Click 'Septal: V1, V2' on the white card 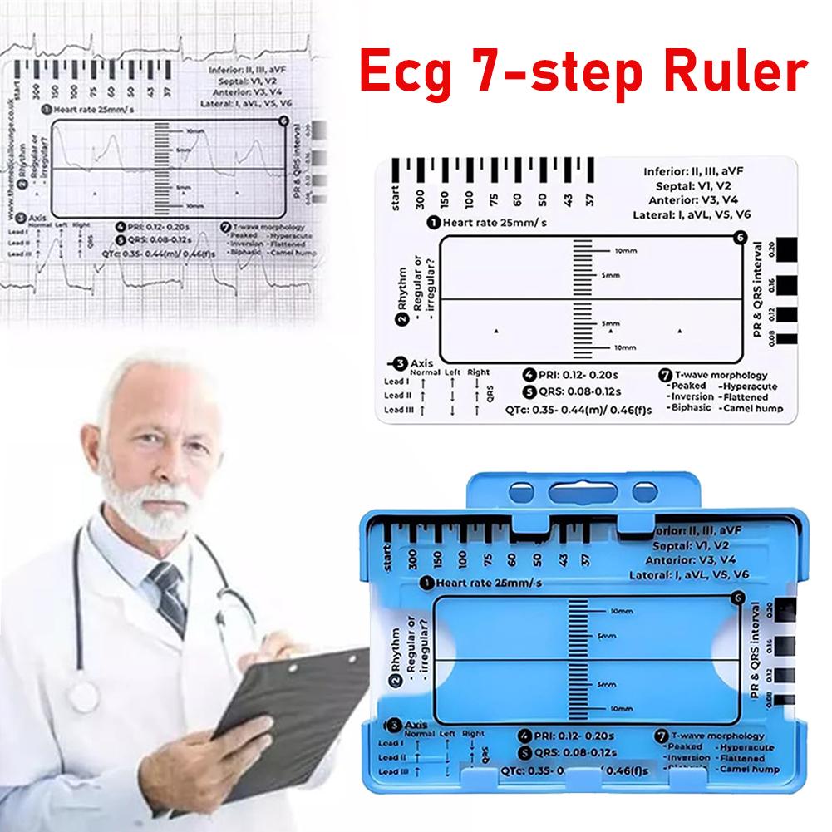(700, 186)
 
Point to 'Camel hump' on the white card (749, 409)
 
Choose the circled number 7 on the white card (662, 376)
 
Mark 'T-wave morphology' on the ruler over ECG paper (265, 226)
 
